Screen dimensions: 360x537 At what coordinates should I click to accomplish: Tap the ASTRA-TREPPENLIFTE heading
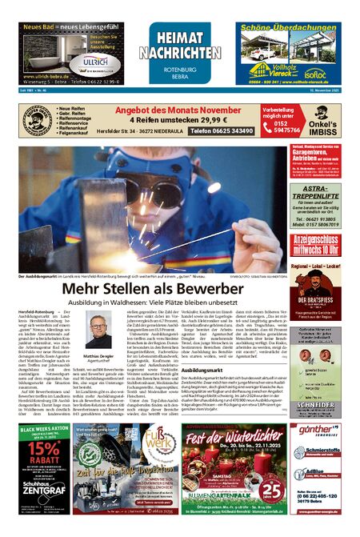click(315, 194)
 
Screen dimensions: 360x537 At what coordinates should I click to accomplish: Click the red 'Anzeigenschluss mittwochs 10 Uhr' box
click(315, 242)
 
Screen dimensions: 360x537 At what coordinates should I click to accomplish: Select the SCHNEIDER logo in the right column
click(314, 405)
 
